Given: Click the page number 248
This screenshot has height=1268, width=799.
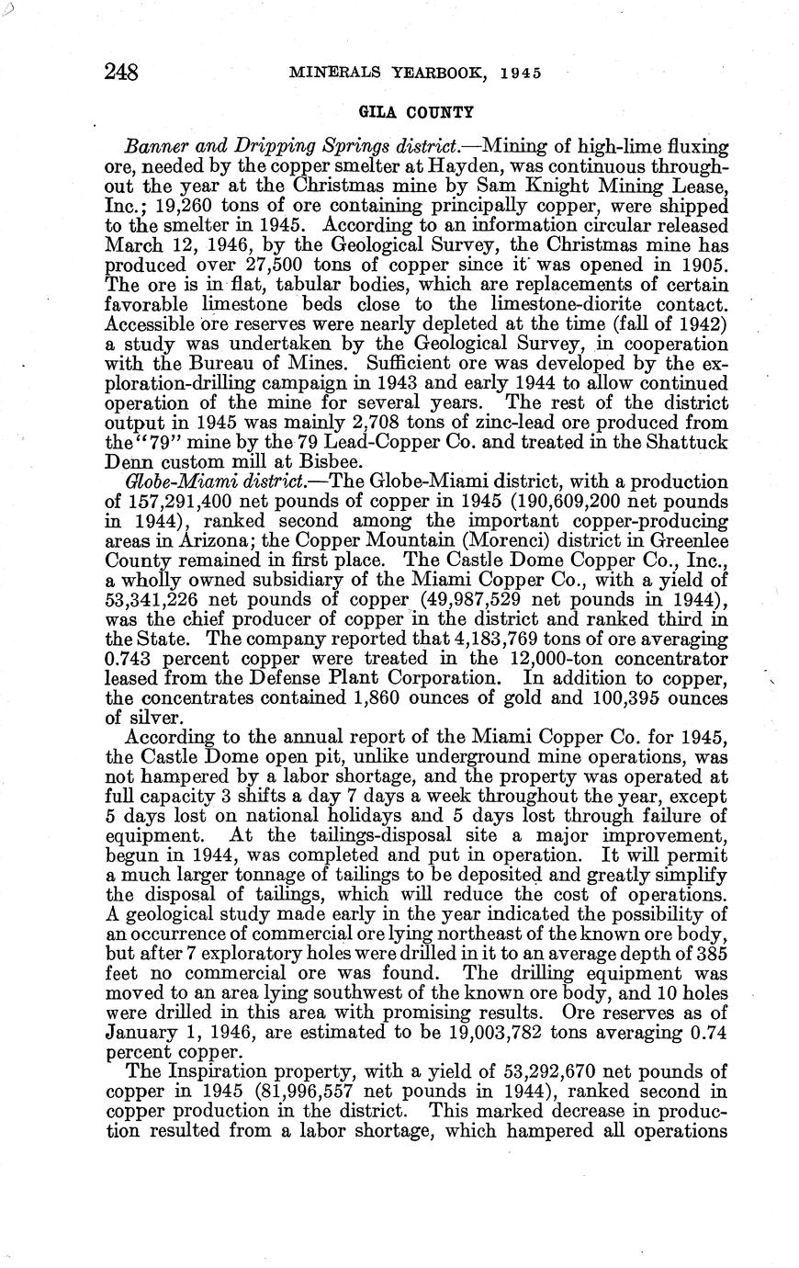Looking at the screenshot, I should [122, 72].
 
